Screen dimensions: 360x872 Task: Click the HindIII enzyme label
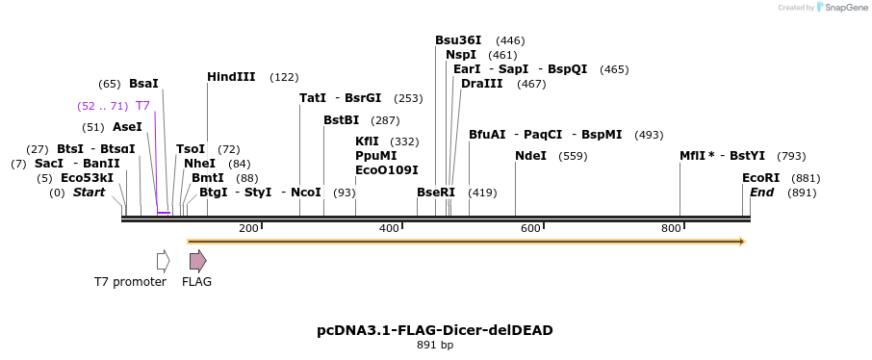231,77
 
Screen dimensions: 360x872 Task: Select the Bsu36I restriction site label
458,40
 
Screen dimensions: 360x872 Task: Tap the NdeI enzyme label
530,156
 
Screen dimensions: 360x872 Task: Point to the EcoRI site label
761,178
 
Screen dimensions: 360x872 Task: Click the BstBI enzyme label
341,120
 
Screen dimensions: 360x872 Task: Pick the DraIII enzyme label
481,84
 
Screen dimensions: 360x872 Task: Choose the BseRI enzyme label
436,193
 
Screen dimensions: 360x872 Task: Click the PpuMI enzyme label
375,156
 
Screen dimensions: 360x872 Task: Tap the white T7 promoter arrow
164,261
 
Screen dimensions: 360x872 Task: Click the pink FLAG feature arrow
197,261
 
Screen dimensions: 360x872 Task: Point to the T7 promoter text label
130,282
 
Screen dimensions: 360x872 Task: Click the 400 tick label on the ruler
389,228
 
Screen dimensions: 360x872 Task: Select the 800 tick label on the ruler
671,228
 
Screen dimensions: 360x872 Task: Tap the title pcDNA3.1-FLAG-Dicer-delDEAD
435,330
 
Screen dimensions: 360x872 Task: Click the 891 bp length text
435,346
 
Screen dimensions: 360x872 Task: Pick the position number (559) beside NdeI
573,156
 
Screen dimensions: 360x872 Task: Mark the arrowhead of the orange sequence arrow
742,242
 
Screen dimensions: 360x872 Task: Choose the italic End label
761,193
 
